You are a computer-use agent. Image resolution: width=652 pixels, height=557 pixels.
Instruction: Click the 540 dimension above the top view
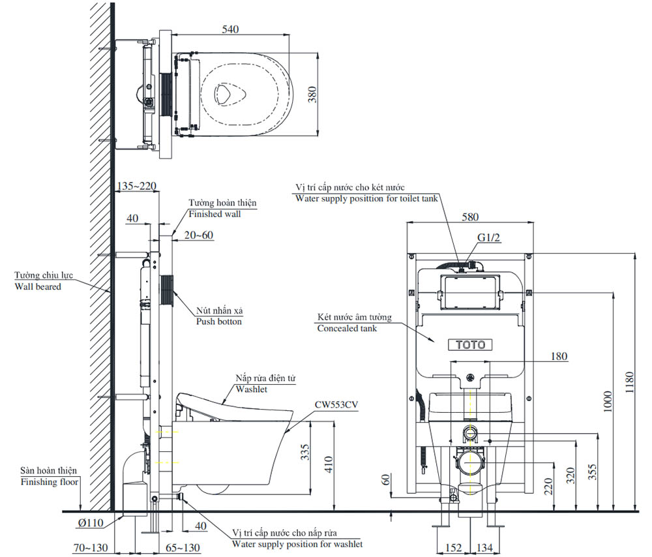point(231,29)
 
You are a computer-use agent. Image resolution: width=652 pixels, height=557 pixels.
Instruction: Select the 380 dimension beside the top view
point(312,95)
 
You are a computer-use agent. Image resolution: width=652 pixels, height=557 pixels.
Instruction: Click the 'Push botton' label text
point(219,322)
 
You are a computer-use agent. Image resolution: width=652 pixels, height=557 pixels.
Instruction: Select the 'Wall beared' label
point(39,286)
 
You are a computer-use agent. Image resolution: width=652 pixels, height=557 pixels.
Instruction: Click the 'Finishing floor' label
point(48,482)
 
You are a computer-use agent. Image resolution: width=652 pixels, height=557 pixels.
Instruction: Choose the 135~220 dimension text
point(136,186)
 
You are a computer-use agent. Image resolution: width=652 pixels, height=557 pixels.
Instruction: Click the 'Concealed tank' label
point(347,328)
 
